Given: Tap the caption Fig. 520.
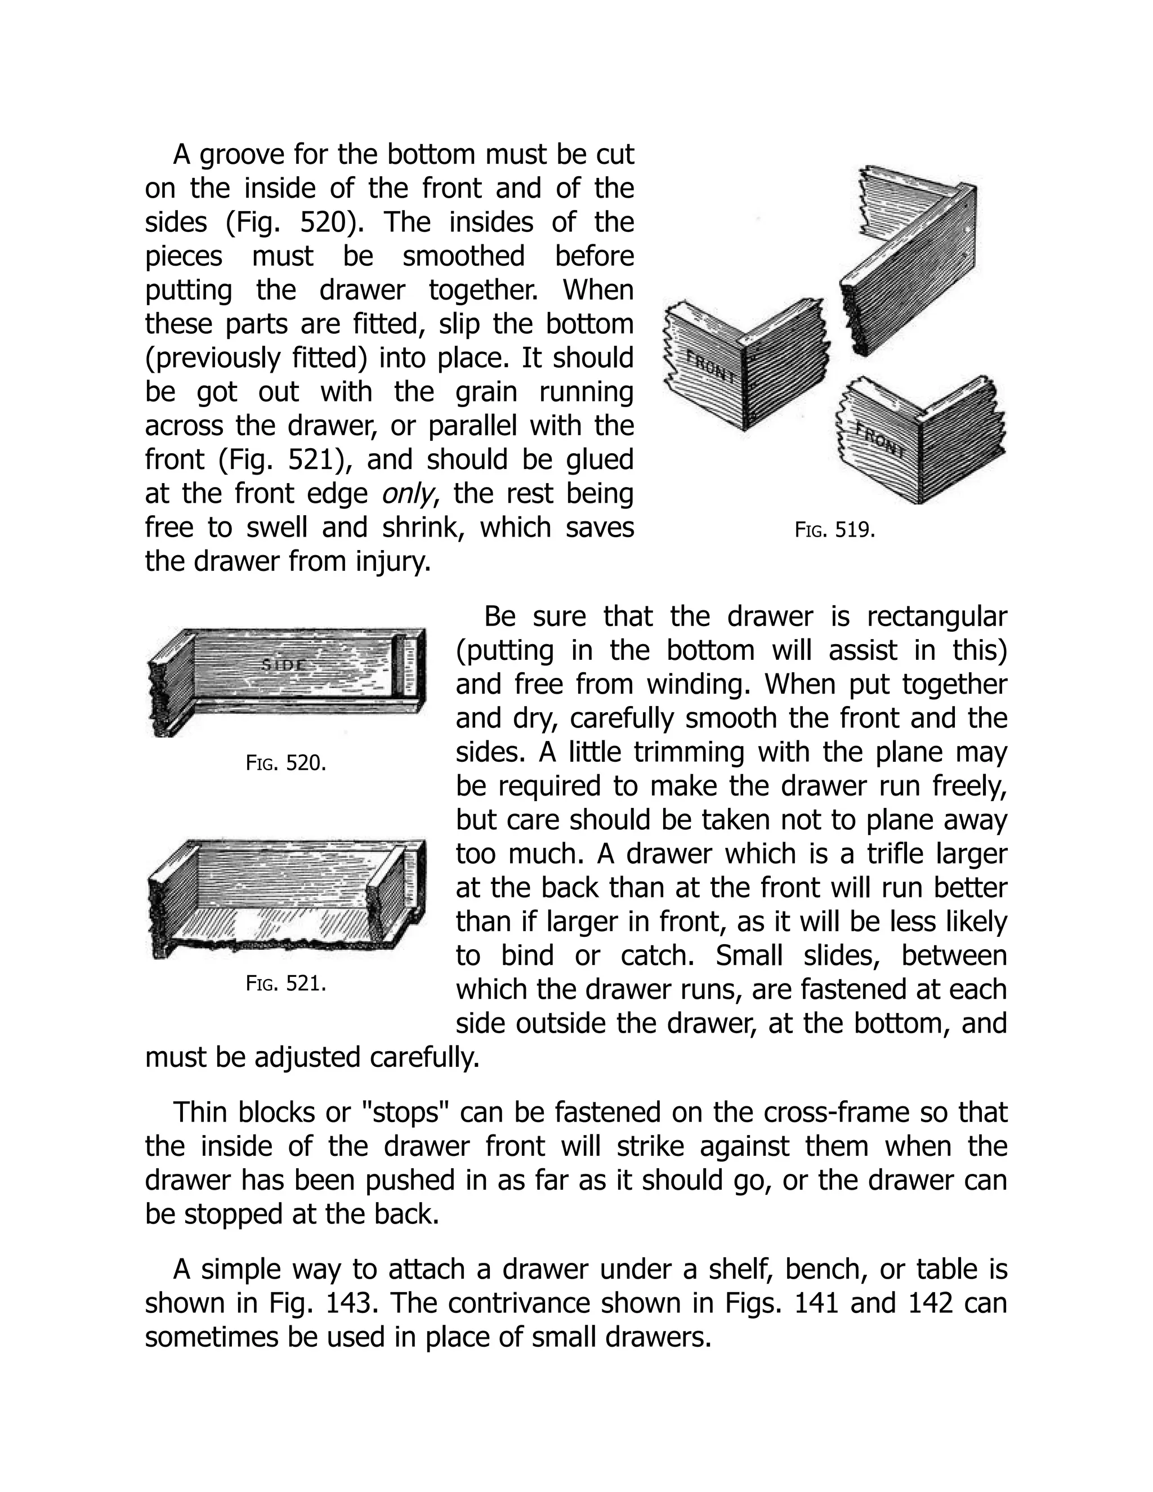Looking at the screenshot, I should (285, 763).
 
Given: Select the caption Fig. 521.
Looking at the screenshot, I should (285, 984).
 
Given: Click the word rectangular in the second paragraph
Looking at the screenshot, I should (936, 617).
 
